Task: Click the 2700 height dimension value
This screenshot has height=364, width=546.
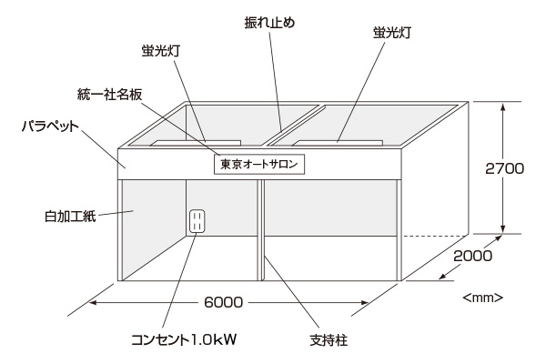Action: [504, 167]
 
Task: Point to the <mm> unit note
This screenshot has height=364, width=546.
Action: [483, 297]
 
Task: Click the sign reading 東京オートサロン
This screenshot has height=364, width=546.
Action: [258, 165]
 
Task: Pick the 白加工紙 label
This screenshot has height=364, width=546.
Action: [68, 217]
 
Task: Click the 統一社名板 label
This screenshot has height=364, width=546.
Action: [108, 93]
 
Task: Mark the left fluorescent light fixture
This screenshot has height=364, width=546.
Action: [196, 143]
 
